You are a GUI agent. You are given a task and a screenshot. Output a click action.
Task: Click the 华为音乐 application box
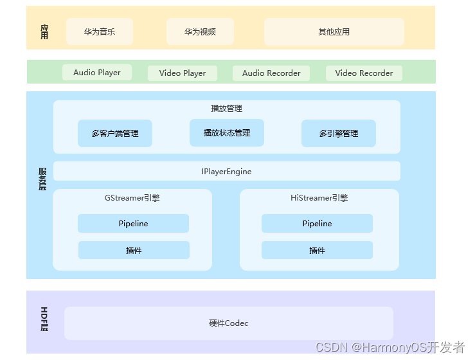click(x=100, y=32)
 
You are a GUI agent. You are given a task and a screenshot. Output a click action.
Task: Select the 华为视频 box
click(x=200, y=32)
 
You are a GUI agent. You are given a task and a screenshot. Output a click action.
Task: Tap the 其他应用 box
click(x=334, y=32)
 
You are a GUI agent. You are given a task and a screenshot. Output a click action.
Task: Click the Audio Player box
click(x=97, y=73)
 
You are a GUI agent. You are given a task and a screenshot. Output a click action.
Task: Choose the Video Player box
click(x=183, y=73)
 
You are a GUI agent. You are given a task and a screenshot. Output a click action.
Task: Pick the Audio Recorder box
click(x=271, y=73)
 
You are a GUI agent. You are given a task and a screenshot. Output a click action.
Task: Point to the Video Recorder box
click(x=364, y=73)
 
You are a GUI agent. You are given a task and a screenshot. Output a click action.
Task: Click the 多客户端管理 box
click(x=115, y=134)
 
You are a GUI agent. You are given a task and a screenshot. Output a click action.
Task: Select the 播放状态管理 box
click(x=227, y=133)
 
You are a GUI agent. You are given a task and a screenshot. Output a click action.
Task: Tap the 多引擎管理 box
click(x=339, y=134)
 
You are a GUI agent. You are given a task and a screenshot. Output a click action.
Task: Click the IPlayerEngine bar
click(x=226, y=172)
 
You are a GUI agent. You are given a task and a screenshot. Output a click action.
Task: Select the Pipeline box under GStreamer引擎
click(x=133, y=224)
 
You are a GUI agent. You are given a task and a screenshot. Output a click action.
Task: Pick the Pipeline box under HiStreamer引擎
click(x=317, y=224)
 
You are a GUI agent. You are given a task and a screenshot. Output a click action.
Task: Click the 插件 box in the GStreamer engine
click(x=134, y=251)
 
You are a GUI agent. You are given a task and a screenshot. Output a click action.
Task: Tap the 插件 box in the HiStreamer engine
click(x=317, y=251)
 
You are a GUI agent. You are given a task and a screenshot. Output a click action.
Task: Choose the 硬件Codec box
click(x=228, y=323)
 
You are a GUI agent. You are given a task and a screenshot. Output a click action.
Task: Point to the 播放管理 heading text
click(x=226, y=109)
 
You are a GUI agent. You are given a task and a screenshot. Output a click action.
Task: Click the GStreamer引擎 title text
click(x=132, y=199)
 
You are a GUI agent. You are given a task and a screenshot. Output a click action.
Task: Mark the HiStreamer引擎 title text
click(x=319, y=199)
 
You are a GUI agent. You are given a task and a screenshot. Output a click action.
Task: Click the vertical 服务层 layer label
click(x=42, y=179)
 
